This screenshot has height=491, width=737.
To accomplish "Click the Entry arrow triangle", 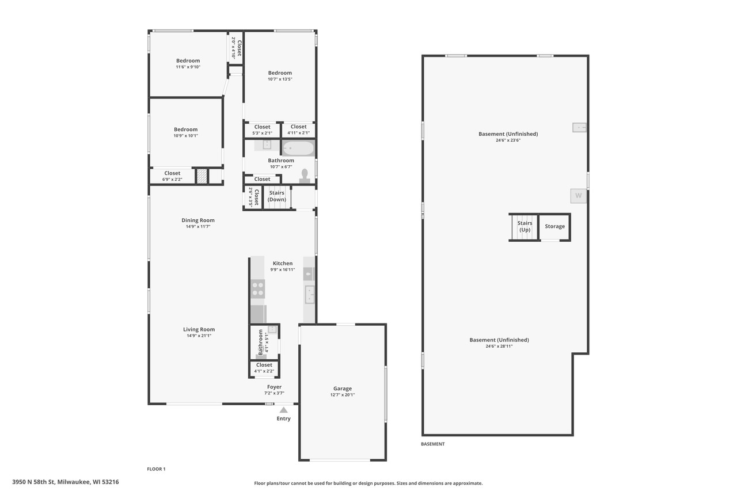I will pos(283,410).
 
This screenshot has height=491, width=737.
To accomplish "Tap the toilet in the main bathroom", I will pos(305,176).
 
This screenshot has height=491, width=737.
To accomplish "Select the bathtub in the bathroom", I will pos(298,148).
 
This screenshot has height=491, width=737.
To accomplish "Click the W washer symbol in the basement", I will pos(578,196).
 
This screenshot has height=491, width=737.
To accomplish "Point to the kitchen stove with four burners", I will pos(257,288).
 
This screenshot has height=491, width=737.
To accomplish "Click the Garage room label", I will pos(342,389).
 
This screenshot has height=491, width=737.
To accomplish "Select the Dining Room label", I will pos(197,220).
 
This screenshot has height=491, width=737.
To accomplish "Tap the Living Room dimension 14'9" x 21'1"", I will pos(199,336).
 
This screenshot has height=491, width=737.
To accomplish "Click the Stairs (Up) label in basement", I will pos(525,226).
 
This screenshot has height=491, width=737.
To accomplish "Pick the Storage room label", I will pos(555,226).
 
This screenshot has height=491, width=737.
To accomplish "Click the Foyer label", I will pos(274,387).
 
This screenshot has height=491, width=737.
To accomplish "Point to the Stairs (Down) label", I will pos(276,196).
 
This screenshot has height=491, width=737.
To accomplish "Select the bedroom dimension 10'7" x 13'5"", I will pos(280,79).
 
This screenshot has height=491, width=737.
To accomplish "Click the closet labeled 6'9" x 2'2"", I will pos(172,176).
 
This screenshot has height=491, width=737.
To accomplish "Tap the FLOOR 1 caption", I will pos(156,469).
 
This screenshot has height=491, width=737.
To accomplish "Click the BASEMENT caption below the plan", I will pos(432,444).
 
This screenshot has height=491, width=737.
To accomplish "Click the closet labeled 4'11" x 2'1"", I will pos(298,130).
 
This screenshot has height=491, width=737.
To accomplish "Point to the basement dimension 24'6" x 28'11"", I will pos(499,347).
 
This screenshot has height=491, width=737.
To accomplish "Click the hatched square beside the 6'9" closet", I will pos(202,176).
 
